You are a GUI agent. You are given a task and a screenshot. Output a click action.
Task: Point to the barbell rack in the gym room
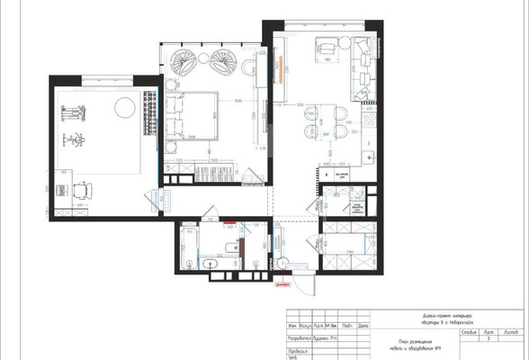click(x=68, y=115)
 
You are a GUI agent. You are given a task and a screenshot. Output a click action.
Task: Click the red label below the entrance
click(x=282, y=286)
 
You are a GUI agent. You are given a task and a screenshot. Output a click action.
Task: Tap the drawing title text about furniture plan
click(x=416, y=346)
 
